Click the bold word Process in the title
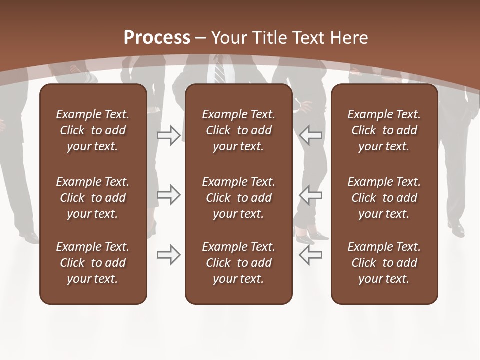157,38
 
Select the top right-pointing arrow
169,135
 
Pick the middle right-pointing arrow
169,195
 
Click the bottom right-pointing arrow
169,255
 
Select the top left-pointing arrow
310,135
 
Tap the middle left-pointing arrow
310,195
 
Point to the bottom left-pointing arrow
310,255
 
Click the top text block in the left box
93,130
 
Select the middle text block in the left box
93,198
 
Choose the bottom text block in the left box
93,263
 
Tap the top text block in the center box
238,130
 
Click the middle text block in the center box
238,198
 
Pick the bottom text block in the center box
238,263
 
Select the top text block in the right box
384,130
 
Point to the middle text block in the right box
384,198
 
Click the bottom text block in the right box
384,263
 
